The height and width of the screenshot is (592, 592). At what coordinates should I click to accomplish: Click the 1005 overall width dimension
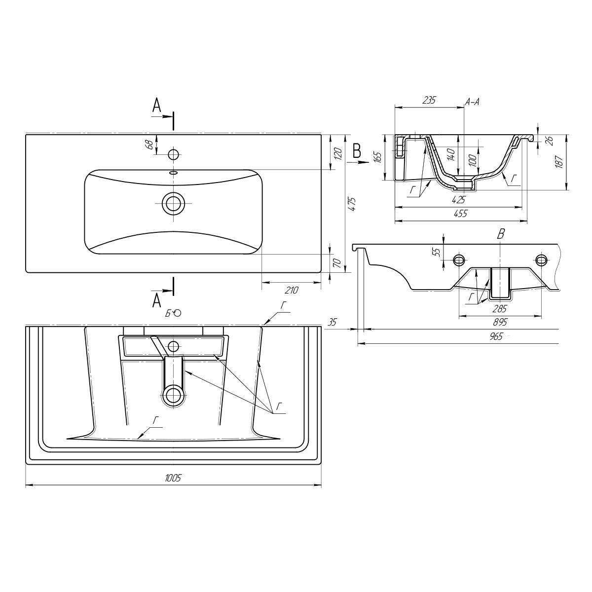pos(173,478)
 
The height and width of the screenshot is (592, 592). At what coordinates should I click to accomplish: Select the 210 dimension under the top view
pos(292,290)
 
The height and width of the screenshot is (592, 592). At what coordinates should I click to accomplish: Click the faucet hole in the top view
pos(173,154)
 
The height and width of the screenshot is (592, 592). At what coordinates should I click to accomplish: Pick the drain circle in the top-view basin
pos(173,203)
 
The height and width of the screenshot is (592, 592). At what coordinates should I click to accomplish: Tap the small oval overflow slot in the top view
pos(173,173)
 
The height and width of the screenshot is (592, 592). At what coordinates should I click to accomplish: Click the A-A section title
pos(472,102)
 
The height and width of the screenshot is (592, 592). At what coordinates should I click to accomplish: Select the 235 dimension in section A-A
pos(429,100)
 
